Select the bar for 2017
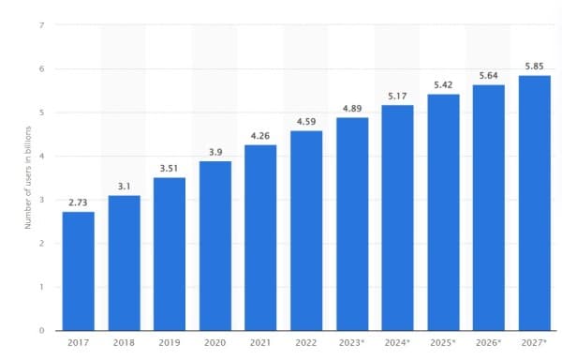(x=79, y=271)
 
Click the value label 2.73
(x=79, y=202)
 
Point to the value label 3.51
(x=170, y=168)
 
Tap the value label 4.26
(x=261, y=135)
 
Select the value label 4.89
(x=352, y=108)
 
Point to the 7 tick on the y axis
(x=41, y=25)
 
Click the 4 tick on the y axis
(x=41, y=157)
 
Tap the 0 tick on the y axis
(x=41, y=331)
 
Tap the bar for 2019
(x=170, y=254)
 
